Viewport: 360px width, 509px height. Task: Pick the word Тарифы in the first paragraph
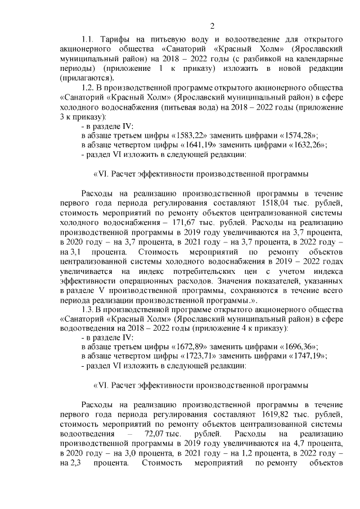tap(116, 40)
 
